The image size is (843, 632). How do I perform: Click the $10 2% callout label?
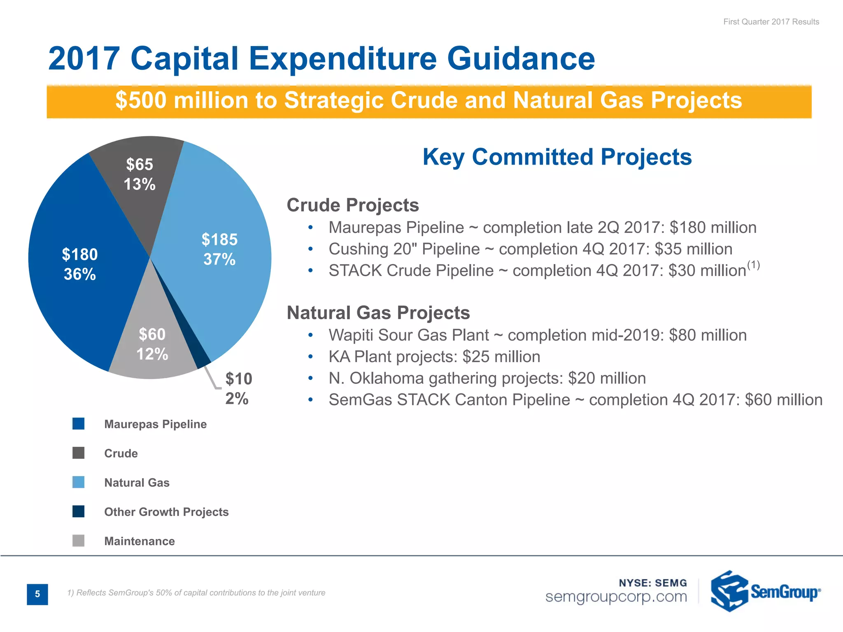pyautogui.click(x=238, y=388)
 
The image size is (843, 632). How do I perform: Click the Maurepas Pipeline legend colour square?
pyautogui.click(x=78, y=424)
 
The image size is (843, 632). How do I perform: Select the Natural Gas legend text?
pyautogui.click(x=137, y=483)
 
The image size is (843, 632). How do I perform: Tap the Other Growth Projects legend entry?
pyautogui.click(x=166, y=512)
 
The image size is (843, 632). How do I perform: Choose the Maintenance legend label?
pyautogui.click(x=140, y=541)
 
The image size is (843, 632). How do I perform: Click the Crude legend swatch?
pyautogui.click(x=78, y=453)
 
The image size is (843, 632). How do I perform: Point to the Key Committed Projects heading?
pyautogui.click(x=557, y=157)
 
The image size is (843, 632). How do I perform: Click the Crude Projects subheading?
pyautogui.click(x=353, y=205)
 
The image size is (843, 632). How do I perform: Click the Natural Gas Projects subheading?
pyautogui.click(x=378, y=313)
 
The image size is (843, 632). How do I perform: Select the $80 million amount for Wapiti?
pyautogui.click(x=708, y=335)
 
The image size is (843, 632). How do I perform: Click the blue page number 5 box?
pyautogui.click(x=37, y=594)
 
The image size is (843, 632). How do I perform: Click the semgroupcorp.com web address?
pyautogui.click(x=616, y=597)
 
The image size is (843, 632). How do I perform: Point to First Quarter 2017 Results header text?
pyautogui.click(x=771, y=22)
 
